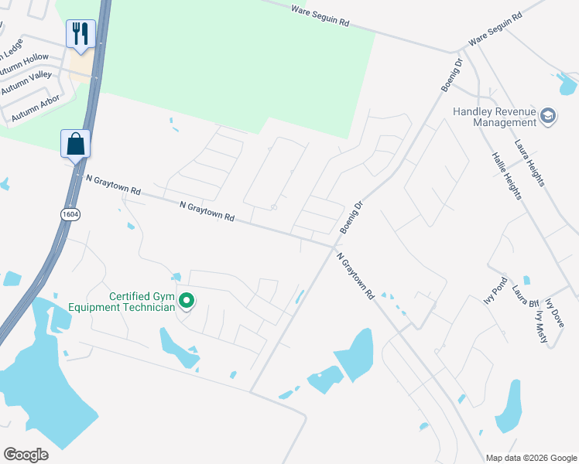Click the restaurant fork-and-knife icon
click(81, 34)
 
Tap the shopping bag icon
click(76, 144)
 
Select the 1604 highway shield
click(71, 213)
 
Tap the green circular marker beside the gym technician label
click(187, 301)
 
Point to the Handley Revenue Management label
click(495, 117)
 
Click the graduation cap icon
click(548, 116)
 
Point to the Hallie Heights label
click(506, 176)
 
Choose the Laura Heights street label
click(530, 163)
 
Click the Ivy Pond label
click(493, 291)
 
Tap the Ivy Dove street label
click(555, 314)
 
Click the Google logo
click(26, 454)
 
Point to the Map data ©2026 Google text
click(532, 458)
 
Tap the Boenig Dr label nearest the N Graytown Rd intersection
click(351, 219)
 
